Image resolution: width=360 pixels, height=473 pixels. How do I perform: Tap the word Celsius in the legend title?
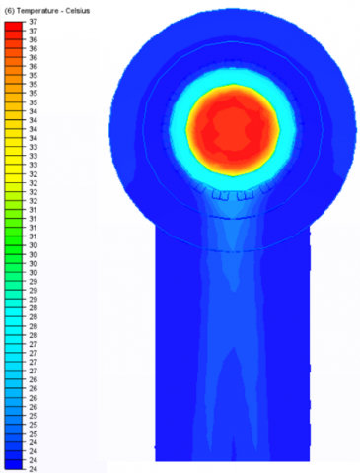(77, 11)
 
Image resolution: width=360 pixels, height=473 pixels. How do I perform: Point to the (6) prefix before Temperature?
(9, 11)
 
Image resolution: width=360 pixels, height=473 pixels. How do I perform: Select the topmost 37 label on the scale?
(34, 22)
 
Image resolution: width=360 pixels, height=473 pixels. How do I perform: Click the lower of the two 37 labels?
(34, 31)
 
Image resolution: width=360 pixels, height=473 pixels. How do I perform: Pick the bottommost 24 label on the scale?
(34, 469)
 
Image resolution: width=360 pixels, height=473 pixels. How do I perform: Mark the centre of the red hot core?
(234, 130)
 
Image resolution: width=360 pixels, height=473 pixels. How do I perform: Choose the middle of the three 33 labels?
(34, 156)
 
